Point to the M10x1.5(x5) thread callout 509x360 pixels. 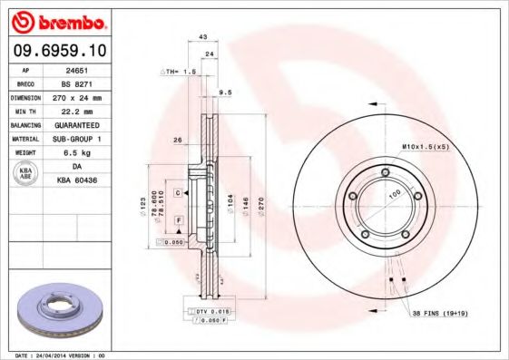pyautogui.click(x=426, y=145)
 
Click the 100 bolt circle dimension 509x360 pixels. pyautogui.click(x=395, y=196)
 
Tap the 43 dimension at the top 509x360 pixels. pyautogui.click(x=202, y=37)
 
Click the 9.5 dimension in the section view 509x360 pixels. pyautogui.click(x=226, y=92)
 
